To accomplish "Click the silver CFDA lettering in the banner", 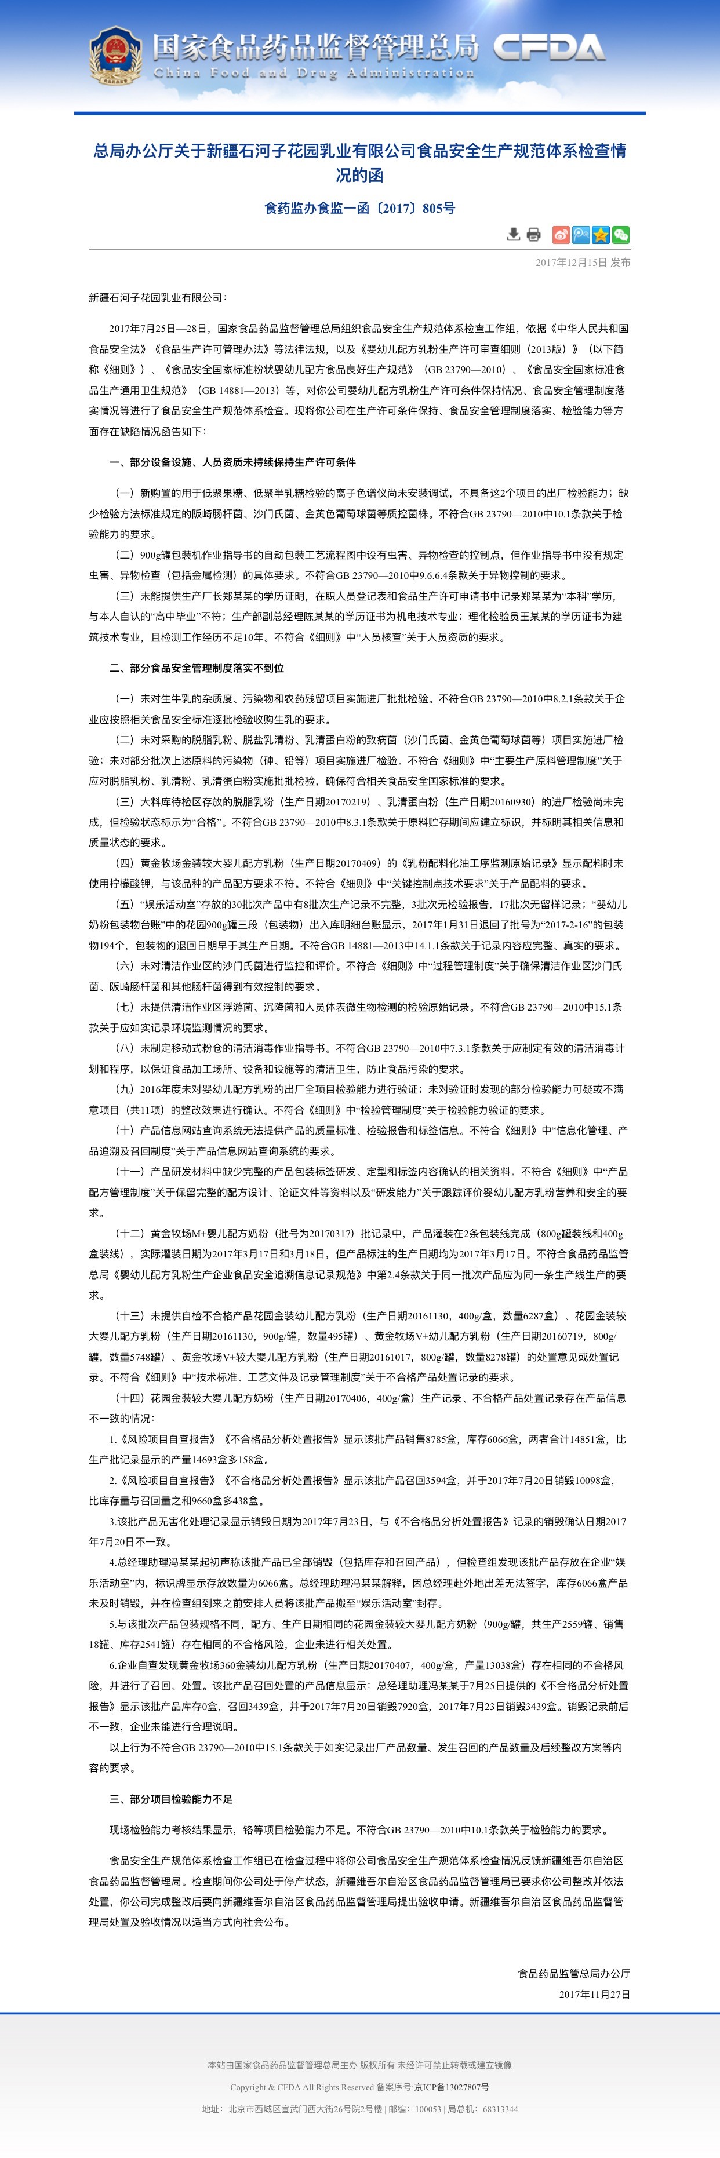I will pyautogui.click(x=549, y=49).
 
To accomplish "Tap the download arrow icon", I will pyautogui.click(x=514, y=235).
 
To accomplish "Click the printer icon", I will pyautogui.click(x=534, y=235).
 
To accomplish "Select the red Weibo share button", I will pyautogui.click(x=561, y=235).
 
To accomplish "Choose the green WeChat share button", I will pyautogui.click(x=621, y=235).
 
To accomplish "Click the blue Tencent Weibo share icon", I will pyautogui.click(x=581, y=235).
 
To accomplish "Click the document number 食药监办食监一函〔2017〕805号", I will pyautogui.click(x=359, y=208).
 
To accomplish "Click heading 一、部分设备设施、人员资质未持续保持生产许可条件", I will pyautogui.click(x=232, y=462).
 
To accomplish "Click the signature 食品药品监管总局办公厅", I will pyautogui.click(x=573, y=1974).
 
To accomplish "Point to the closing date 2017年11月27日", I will pyautogui.click(x=594, y=1995).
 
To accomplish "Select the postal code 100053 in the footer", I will pyautogui.click(x=428, y=2109).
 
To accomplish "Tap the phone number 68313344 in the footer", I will pyautogui.click(x=500, y=2109).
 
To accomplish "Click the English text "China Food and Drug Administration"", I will pyautogui.click(x=314, y=74).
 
